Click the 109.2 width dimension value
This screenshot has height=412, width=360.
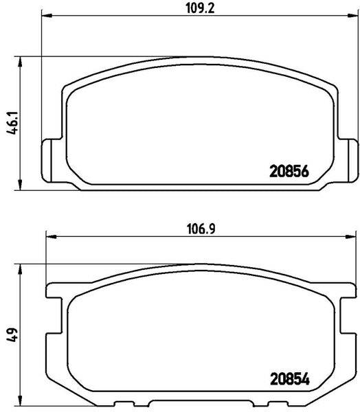pos(200,8)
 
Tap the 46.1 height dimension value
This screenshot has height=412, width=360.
pos(12,123)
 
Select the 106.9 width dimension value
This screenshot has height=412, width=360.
pos(201,229)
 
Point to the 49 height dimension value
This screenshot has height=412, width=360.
pos(12,335)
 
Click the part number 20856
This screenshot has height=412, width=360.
pos(289,172)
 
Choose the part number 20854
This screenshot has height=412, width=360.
pos(290,380)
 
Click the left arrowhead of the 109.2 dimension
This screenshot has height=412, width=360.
pos(47,16)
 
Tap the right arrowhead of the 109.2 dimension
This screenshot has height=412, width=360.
pos(352,16)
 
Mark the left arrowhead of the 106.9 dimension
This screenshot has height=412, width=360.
pos(52,237)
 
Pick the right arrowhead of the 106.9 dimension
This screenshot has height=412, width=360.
pos(350,237)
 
